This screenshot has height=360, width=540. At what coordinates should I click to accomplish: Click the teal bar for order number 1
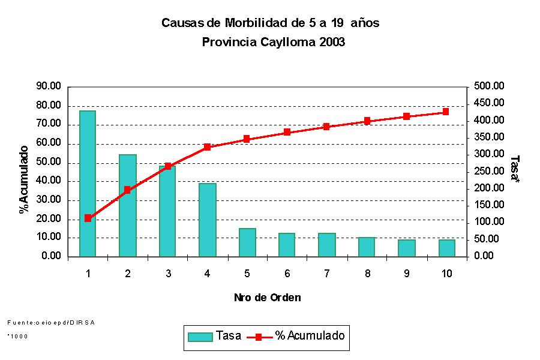pyautogui.click(x=88, y=184)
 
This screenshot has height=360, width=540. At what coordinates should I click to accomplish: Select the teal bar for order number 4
pyautogui.click(x=207, y=220)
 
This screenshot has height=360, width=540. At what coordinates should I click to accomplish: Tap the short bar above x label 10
pyautogui.click(x=446, y=248)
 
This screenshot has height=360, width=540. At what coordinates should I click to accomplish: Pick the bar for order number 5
pyautogui.click(x=247, y=242)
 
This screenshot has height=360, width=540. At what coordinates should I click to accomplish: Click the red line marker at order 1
pyautogui.click(x=88, y=218)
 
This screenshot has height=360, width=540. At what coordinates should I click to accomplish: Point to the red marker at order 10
pyautogui.click(x=446, y=112)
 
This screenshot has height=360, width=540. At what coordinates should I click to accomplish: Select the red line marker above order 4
pyautogui.click(x=207, y=147)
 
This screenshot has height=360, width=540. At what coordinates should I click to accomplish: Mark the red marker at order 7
pyautogui.click(x=326, y=127)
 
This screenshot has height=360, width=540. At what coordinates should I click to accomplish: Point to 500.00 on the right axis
pyautogui.click(x=490, y=86)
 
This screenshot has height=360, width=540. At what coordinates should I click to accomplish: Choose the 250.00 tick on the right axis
pyautogui.click(x=490, y=171)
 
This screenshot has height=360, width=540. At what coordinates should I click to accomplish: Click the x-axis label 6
pyautogui.click(x=287, y=274)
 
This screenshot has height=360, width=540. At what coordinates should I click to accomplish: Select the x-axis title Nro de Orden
pyautogui.click(x=267, y=298)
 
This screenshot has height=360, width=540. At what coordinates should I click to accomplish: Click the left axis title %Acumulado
pyautogui.click(x=25, y=179)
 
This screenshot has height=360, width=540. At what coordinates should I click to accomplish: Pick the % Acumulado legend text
pyautogui.click(x=310, y=336)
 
